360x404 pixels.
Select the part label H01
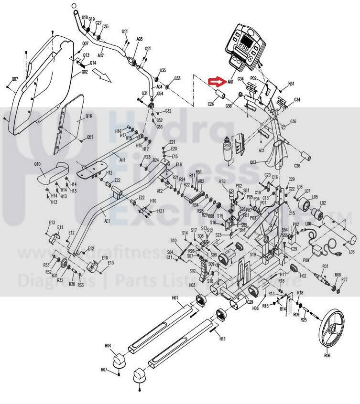(x=175, y=298)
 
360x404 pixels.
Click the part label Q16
(x=88, y=116)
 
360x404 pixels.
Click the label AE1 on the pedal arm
(x=107, y=221)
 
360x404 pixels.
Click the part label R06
(x=327, y=355)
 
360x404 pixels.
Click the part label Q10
(x=37, y=164)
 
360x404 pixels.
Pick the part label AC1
(x=262, y=150)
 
